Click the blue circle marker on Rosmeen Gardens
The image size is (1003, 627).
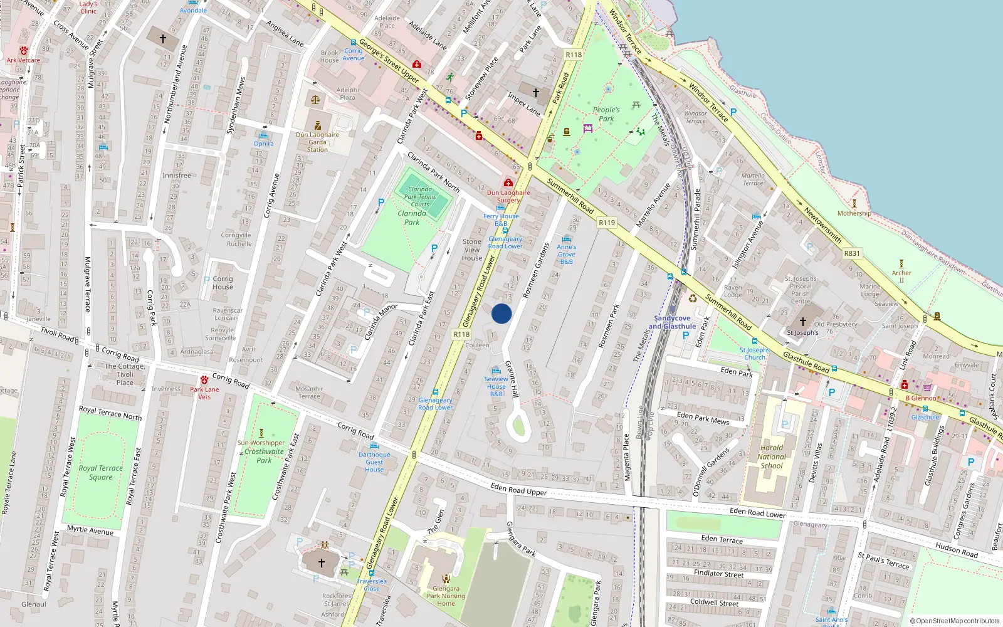click(x=501, y=313)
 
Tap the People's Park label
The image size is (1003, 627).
click(x=606, y=114)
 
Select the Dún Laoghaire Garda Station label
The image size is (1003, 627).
click(x=317, y=142)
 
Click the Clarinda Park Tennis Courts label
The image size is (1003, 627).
click(x=420, y=196)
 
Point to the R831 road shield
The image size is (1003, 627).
click(x=852, y=253)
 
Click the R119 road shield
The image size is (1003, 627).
click(x=606, y=223)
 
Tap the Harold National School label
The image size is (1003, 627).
click(x=771, y=456)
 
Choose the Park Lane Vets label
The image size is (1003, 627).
click(x=204, y=393)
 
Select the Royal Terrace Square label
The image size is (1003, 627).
click(x=100, y=472)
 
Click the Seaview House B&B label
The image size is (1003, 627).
click(x=496, y=386)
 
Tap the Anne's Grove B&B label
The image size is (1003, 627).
click(x=566, y=254)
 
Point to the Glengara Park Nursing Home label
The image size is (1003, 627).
click(x=446, y=596)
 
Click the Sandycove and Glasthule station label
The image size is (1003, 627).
click(x=672, y=322)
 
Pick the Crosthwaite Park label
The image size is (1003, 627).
click(x=264, y=456)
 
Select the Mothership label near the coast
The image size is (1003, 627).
click(x=854, y=213)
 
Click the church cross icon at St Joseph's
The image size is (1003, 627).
click(x=802, y=322)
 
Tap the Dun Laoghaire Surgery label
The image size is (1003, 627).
click(x=508, y=196)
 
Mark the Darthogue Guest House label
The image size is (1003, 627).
click(x=374, y=462)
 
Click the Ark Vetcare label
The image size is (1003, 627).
click(x=23, y=60)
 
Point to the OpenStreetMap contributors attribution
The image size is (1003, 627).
click(x=955, y=621)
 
